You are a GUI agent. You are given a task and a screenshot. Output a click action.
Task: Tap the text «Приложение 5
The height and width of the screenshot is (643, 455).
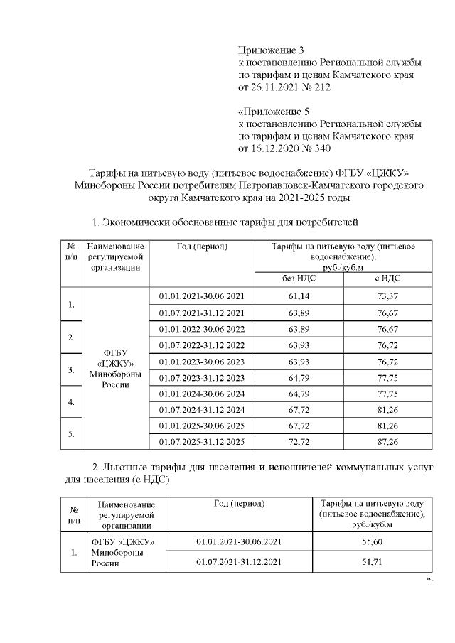point(273,112)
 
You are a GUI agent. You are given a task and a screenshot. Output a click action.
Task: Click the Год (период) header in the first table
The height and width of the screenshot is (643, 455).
point(201,247)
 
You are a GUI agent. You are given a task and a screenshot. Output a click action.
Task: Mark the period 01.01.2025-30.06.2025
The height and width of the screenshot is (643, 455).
point(201,426)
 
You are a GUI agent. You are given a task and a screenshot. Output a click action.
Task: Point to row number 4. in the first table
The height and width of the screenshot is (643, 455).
point(71,402)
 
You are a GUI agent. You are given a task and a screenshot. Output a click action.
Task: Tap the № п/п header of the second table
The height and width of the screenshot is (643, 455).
point(73,514)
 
